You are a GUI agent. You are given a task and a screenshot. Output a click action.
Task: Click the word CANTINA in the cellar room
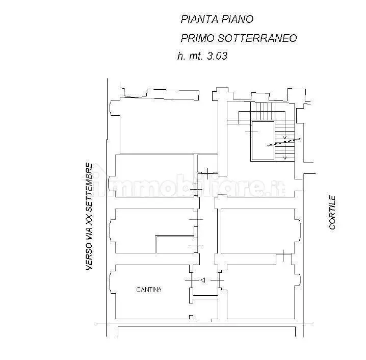[149, 290]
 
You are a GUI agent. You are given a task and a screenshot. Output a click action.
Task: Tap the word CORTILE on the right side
[332, 212]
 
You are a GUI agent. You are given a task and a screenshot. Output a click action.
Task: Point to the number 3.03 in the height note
[216, 57]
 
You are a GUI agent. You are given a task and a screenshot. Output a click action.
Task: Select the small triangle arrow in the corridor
[202, 280]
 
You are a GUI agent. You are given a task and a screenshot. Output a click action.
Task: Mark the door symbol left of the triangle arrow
[190, 280]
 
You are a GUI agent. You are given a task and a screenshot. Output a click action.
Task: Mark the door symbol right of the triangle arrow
[218, 280]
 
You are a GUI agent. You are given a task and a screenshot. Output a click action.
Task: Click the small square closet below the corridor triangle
[205, 308]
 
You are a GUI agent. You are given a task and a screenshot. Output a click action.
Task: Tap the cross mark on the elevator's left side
[252, 133]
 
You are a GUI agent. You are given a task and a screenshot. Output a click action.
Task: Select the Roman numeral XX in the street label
[89, 220]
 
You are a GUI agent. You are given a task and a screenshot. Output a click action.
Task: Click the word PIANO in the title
[238, 19]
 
